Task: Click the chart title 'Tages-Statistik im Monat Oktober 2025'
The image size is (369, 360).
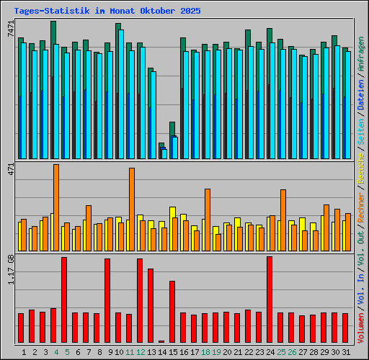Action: (x=107, y=12)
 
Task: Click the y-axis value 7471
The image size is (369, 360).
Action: (x=9, y=30)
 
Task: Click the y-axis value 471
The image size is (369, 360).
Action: (x=9, y=169)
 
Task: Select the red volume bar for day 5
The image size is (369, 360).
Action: (x=64, y=300)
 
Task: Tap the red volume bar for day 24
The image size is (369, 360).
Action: (x=270, y=300)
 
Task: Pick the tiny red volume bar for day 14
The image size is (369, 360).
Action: (x=161, y=341)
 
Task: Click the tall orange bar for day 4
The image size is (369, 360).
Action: (x=56, y=207)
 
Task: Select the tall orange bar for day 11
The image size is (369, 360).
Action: (x=132, y=209)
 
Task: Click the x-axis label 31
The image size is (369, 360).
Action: (x=345, y=352)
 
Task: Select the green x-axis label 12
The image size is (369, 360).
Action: (x=140, y=352)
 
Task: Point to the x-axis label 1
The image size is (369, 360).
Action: (x=25, y=352)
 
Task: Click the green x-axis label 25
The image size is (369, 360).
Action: (x=280, y=352)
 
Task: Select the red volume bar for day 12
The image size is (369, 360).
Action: (x=140, y=300)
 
